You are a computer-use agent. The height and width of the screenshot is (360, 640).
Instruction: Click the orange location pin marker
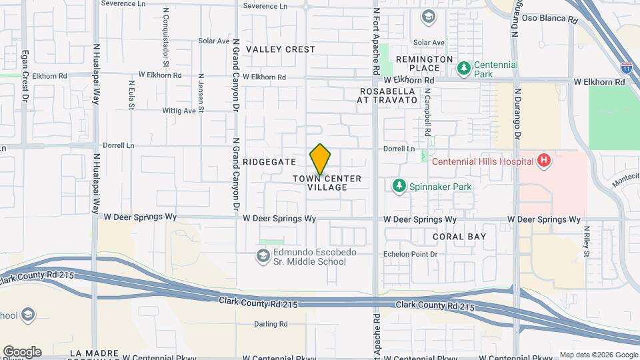pos(320,159)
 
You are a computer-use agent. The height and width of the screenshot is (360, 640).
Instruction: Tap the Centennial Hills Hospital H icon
pos(544,161)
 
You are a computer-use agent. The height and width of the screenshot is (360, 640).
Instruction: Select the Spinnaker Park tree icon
pos(399,186)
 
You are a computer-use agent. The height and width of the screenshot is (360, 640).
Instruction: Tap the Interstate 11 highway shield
pos(626,67)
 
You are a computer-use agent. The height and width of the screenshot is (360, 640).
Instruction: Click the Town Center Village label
pos(327,183)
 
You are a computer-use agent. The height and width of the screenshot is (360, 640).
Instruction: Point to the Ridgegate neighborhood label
pos(269,162)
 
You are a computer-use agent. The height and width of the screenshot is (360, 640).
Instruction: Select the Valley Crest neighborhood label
pos(280,49)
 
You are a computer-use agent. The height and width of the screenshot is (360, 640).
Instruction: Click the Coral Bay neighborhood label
pos(459,237)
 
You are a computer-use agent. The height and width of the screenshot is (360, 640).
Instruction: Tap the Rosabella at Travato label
pos(388,95)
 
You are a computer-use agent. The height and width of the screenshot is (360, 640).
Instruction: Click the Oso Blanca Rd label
pos(549,19)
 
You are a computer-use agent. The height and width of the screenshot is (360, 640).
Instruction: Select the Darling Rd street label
pos(270,324)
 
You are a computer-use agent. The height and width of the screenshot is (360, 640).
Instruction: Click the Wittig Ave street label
pos(180,111)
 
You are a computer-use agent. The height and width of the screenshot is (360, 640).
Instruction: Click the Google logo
pos(22,352)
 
